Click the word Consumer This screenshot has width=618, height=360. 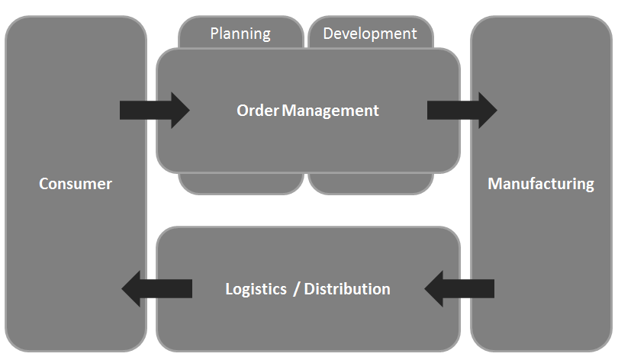(76, 184)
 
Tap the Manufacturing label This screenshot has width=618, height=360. (540, 184)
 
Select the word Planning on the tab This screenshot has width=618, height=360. (240, 34)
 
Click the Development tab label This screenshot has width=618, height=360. (370, 34)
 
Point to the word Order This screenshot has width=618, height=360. (257, 111)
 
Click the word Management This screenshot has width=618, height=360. (330, 111)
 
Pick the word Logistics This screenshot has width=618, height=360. (256, 289)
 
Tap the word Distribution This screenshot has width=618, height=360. (347, 289)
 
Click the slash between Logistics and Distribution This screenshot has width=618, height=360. (296, 290)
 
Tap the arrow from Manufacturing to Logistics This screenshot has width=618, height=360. (459, 288)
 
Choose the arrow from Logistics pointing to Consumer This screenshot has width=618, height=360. (156, 288)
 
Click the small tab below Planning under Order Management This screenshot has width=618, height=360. (241, 184)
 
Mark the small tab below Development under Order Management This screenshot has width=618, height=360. (371, 184)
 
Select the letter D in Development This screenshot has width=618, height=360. (328, 34)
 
